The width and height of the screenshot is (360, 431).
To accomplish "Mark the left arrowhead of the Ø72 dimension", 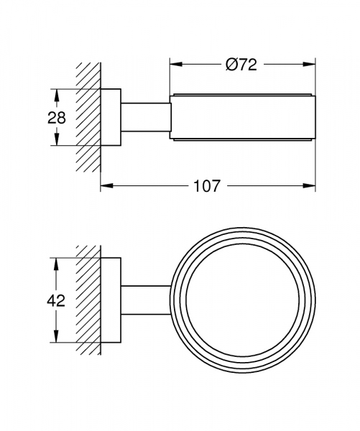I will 175,65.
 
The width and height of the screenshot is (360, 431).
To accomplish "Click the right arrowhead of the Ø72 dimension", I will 311,65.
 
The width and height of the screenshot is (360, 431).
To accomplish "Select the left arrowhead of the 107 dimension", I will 105,186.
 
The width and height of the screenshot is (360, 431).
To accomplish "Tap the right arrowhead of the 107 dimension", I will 311,186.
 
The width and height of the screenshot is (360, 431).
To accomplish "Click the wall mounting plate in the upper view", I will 109,117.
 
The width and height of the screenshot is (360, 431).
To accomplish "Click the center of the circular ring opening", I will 242,300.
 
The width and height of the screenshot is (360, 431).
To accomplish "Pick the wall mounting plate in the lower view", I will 109,300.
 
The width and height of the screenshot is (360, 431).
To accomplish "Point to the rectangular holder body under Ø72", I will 243,117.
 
